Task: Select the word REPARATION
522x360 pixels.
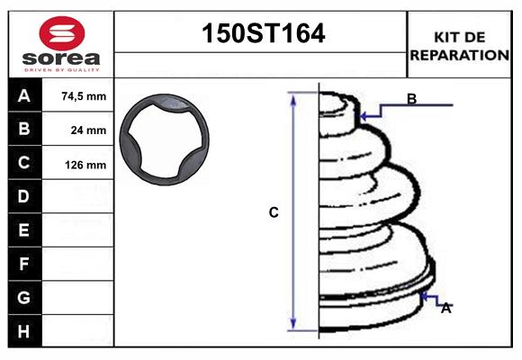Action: click(460, 54)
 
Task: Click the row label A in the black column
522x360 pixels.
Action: click(24, 95)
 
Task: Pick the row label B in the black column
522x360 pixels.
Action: click(24, 129)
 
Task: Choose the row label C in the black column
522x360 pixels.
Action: click(24, 163)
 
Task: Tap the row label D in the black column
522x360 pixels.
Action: click(24, 196)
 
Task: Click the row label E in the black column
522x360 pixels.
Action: click(24, 230)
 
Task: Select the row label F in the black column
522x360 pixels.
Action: click(24, 264)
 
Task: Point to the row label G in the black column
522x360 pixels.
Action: click(24, 297)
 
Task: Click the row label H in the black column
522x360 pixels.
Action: click(24, 331)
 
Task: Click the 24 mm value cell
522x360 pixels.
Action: click(88, 130)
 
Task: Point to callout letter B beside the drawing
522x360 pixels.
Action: click(411, 99)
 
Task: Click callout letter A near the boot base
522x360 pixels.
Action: click(445, 308)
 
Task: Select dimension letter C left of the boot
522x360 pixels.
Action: click(274, 212)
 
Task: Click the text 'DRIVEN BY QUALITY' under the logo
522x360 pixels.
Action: click(61, 68)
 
